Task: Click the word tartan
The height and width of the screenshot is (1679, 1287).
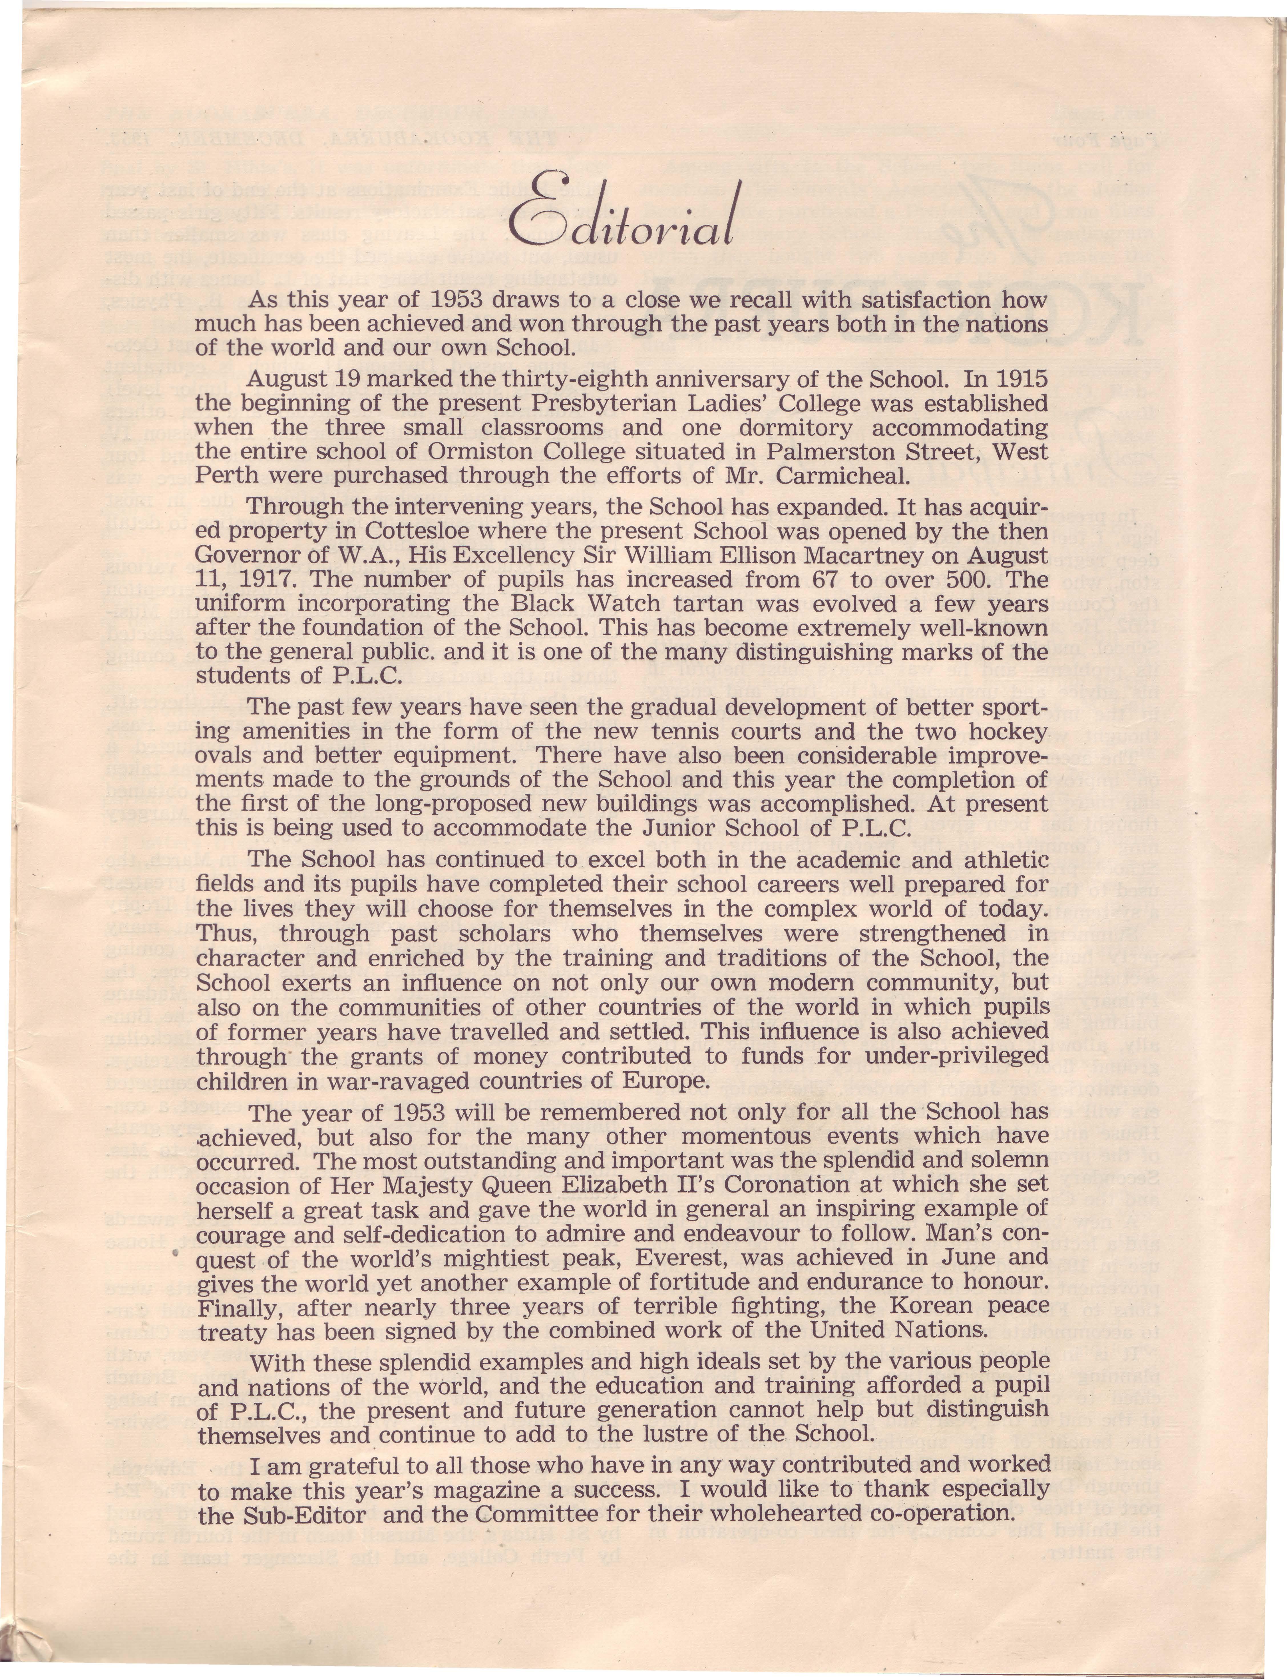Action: [x=644, y=604]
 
